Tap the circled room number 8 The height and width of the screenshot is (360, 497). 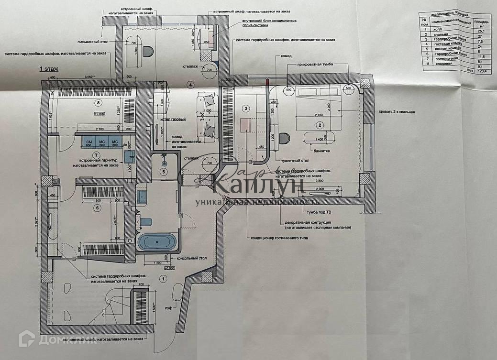coord(99,103)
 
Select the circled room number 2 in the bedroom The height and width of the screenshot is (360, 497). coord(319,125)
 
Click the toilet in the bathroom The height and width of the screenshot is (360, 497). coord(145,222)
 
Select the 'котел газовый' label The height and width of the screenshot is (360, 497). coord(173,119)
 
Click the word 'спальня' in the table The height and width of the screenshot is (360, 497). coord(440,35)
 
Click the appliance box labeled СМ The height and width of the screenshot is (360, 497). coord(89,142)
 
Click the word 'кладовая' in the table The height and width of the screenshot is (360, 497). coord(440,66)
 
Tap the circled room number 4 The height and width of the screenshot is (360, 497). coord(190,85)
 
